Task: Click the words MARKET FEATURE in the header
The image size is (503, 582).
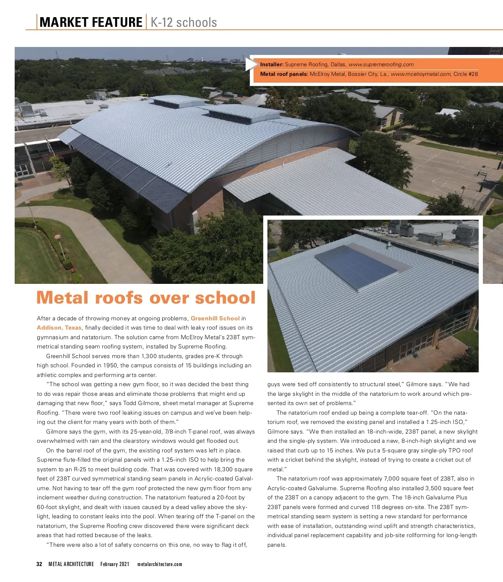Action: (91, 22)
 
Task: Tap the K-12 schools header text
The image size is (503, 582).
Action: (184, 22)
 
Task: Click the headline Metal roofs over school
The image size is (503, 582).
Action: (146, 298)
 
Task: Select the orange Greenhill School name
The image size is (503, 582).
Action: (215, 318)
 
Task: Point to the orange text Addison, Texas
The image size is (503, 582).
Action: (59, 328)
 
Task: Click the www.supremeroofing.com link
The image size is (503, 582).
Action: (381, 65)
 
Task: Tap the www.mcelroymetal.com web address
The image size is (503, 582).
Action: (420, 74)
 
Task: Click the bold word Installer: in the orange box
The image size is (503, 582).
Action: (272, 65)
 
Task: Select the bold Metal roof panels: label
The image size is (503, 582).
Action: (284, 74)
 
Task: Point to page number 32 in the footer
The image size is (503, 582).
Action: (39, 564)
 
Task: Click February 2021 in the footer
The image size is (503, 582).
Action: (115, 564)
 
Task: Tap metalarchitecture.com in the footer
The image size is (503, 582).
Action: (160, 564)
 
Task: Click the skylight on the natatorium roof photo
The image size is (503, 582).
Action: (356, 267)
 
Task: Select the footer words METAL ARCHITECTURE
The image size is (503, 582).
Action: (71, 564)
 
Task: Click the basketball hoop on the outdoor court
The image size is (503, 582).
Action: (482, 172)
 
